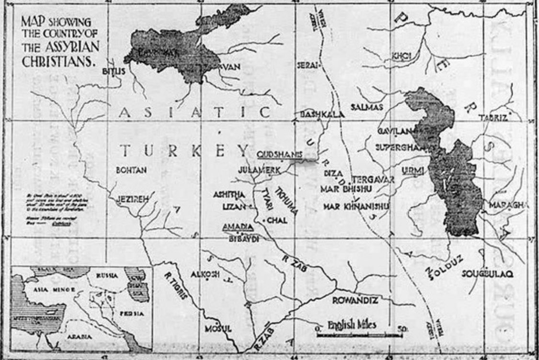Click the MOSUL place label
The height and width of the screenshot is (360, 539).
218,329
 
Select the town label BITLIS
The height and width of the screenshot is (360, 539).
114,71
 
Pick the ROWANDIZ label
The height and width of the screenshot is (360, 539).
355,301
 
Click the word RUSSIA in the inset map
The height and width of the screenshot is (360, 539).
107,276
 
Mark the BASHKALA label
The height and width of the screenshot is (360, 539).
315,114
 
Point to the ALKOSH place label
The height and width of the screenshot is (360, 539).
205,274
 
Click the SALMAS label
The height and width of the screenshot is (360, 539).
367,107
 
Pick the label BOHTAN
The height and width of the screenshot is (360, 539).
131,170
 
